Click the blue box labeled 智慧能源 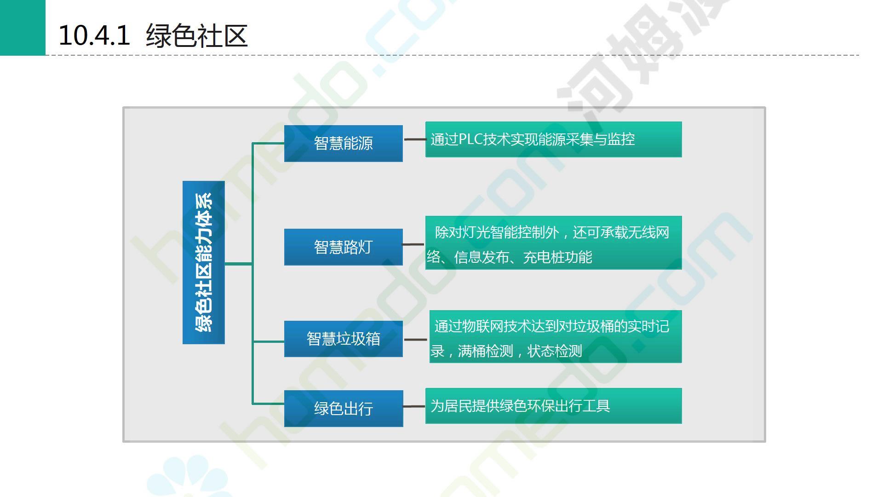[x=343, y=143]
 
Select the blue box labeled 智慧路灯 [x=343, y=247]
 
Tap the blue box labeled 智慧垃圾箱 [x=343, y=339]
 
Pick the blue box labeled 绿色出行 [x=343, y=408]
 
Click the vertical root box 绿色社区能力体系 [x=204, y=262]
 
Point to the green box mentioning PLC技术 [x=553, y=139]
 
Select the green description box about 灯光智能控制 [x=553, y=243]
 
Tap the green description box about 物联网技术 [x=555, y=336]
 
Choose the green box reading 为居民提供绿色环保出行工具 [x=553, y=406]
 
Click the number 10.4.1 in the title [x=94, y=35]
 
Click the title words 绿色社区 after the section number [x=197, y=35]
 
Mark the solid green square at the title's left [x=23, y=28]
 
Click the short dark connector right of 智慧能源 [x=414, y=139]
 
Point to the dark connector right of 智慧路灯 [x=413, y=244]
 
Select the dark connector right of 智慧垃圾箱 [x=416, y=340]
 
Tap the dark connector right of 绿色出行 [x=414, y=406]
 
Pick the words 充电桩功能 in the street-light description [x=557, y=257]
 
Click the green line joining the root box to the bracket [x=238, y=264]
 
